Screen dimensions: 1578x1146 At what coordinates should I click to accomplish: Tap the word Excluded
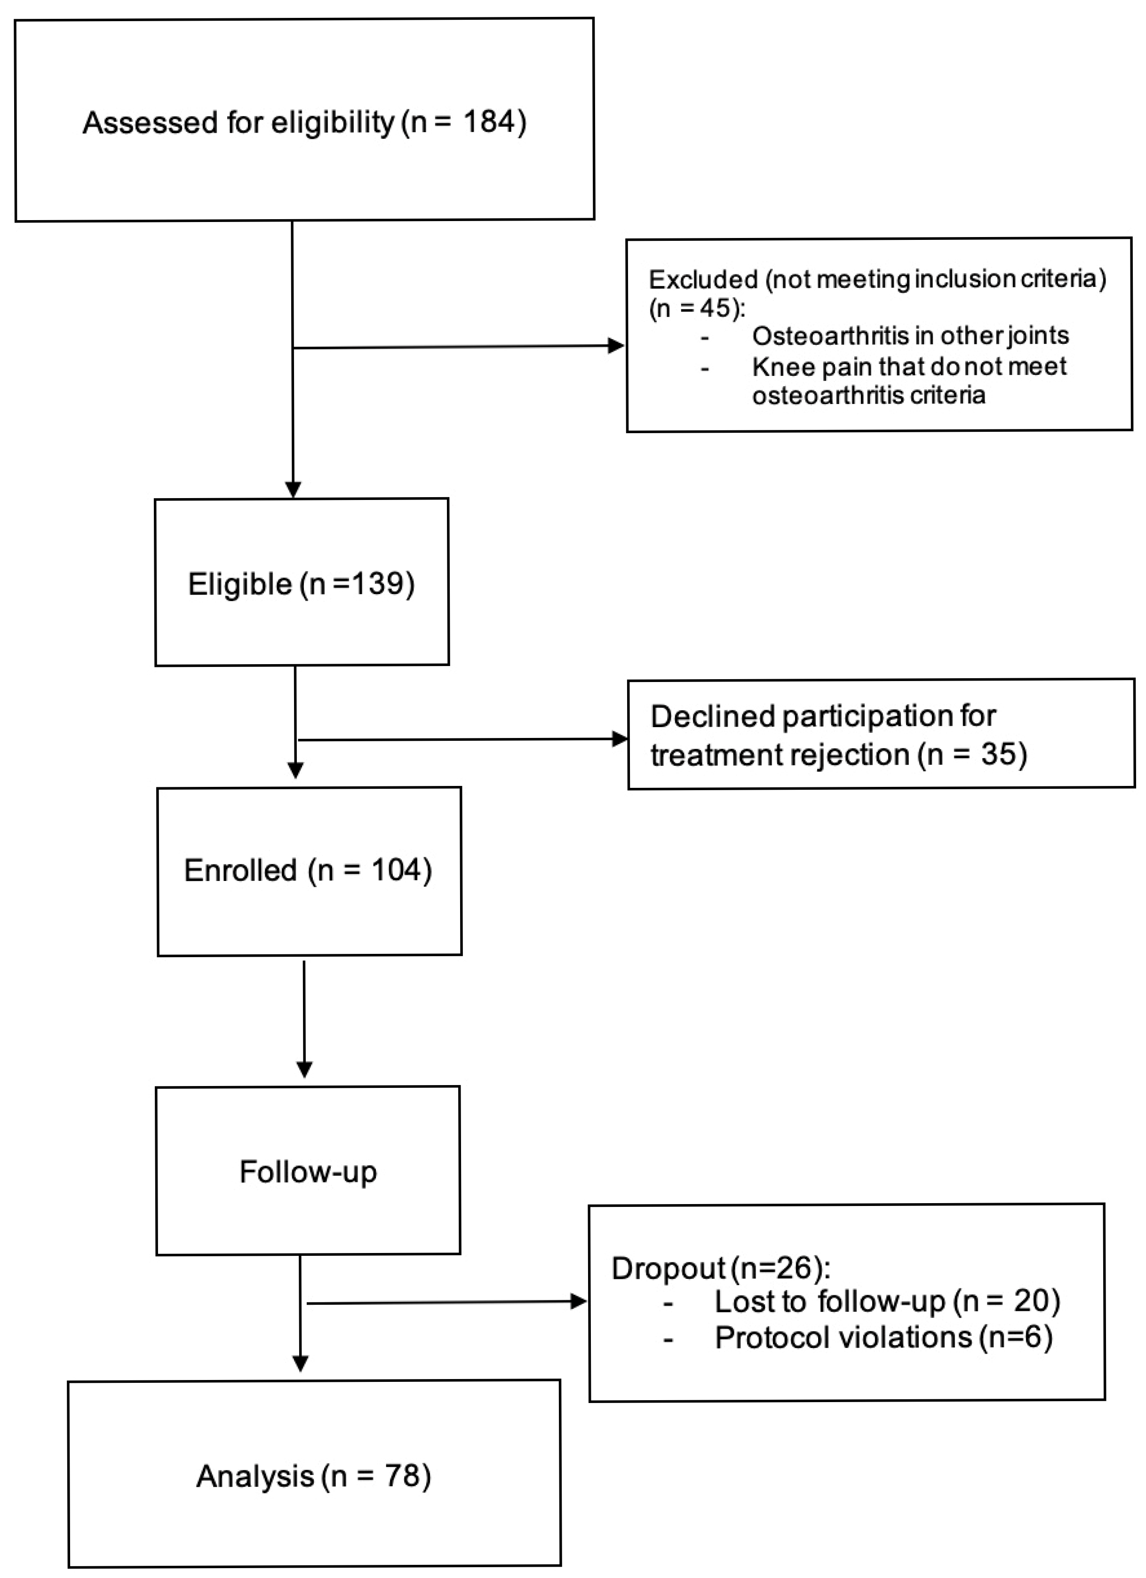point(703,280)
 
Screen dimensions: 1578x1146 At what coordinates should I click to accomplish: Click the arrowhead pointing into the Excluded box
point(616,345)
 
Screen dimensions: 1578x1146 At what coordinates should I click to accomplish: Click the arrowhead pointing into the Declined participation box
point(619,739)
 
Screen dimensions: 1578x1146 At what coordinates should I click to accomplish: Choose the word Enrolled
point(240,871)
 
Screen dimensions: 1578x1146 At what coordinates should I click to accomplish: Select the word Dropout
point(668,1269)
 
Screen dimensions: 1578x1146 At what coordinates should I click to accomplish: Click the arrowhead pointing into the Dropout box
point(578,1301)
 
